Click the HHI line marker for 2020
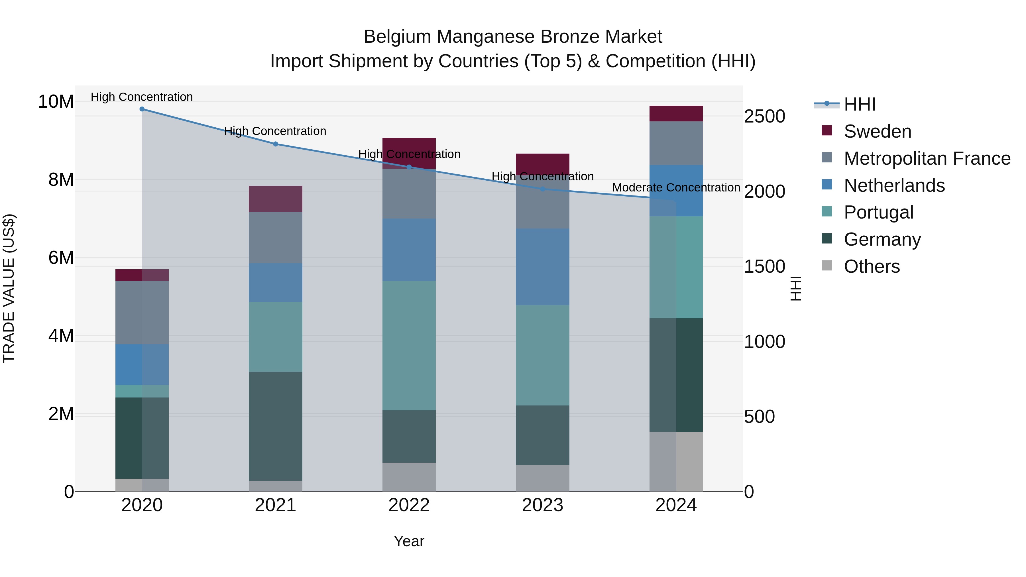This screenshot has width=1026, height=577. pos(142,109)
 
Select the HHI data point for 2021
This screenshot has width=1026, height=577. pos(275,144)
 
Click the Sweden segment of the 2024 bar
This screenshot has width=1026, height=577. pos(676,113)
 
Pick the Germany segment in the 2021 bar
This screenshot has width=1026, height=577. pos(275,426)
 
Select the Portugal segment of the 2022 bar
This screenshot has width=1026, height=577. pos(409,346)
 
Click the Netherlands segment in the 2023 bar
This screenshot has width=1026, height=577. pos(542,267)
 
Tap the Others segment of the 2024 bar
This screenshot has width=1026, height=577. pos(676,462)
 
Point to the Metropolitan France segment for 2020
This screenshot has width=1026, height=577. pos(142,313)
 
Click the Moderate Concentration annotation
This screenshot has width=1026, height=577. pos(676,187)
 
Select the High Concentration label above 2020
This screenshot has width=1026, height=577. pos(142,97)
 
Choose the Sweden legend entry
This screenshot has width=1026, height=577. pos(878,131)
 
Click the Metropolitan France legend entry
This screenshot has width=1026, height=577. pos(927,158)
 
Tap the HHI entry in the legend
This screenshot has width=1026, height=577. pos(860,104)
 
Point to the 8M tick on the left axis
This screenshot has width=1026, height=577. pos(61,180)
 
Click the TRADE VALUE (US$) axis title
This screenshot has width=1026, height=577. pos(9,288)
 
